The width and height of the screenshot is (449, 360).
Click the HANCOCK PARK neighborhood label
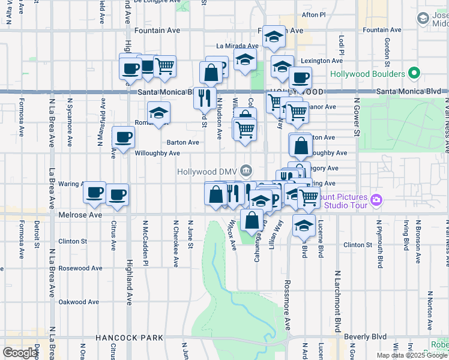pyautogui.click(x=129, y=338)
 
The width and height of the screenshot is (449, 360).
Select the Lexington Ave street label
pyautogui.click(x=321, y=61)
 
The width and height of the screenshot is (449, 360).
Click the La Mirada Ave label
pyautogui.click(x=237, y=45)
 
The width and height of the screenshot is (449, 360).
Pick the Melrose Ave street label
pyautogui.click(x=79, y=214)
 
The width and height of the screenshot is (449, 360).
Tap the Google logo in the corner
pyautogui.click(x=20, y=353)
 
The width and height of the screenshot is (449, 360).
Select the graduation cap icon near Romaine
pyautogui.click(x=159, y=112)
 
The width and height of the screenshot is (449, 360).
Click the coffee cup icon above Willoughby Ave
pyautogui.click(x=124, y=137)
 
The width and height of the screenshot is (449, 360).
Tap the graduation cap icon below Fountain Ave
pyautogui.click(x=274, y=37)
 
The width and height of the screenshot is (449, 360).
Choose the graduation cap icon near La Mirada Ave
pyautogui.click(x=245, y=59)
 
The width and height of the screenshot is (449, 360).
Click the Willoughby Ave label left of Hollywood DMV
pyautogui.click(x=157, y=153)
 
